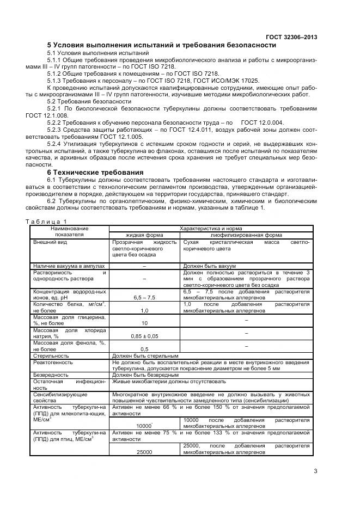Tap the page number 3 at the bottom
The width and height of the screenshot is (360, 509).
tap(315, 471)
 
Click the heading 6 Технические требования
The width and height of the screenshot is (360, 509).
tap(95, 172)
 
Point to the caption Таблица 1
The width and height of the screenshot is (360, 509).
tap(46, 221)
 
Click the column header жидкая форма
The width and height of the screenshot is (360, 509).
tap(145, 235)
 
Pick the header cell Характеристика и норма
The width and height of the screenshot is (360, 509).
tap(211, 229)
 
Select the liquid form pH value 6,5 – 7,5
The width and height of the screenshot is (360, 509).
tap(145, 298)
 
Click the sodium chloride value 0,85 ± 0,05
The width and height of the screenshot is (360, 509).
tap(145, 336)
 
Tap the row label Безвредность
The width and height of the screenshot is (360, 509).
tap(51, 375)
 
